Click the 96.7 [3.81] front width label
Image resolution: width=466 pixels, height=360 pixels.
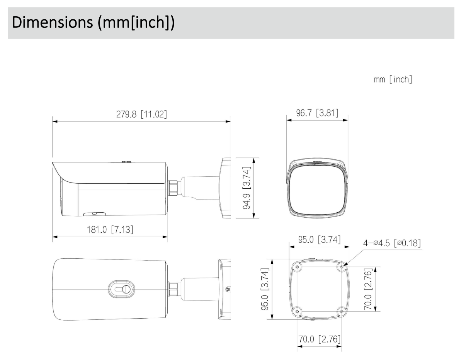coord(317,113)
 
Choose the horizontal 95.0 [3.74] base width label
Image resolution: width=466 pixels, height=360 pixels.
coord(319,240)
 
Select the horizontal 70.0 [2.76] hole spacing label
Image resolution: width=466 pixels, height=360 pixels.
coord(319,340)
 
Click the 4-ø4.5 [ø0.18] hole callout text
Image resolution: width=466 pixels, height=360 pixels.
coord(391,243)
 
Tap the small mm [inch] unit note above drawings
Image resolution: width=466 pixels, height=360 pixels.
coord(392,80)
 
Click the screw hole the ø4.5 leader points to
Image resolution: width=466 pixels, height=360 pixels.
coord(342,267)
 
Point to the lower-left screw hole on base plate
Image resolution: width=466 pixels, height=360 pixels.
coord(297,311)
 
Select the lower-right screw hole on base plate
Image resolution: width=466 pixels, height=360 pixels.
coord(341,311)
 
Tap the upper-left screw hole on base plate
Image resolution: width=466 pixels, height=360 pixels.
coord(297,267)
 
